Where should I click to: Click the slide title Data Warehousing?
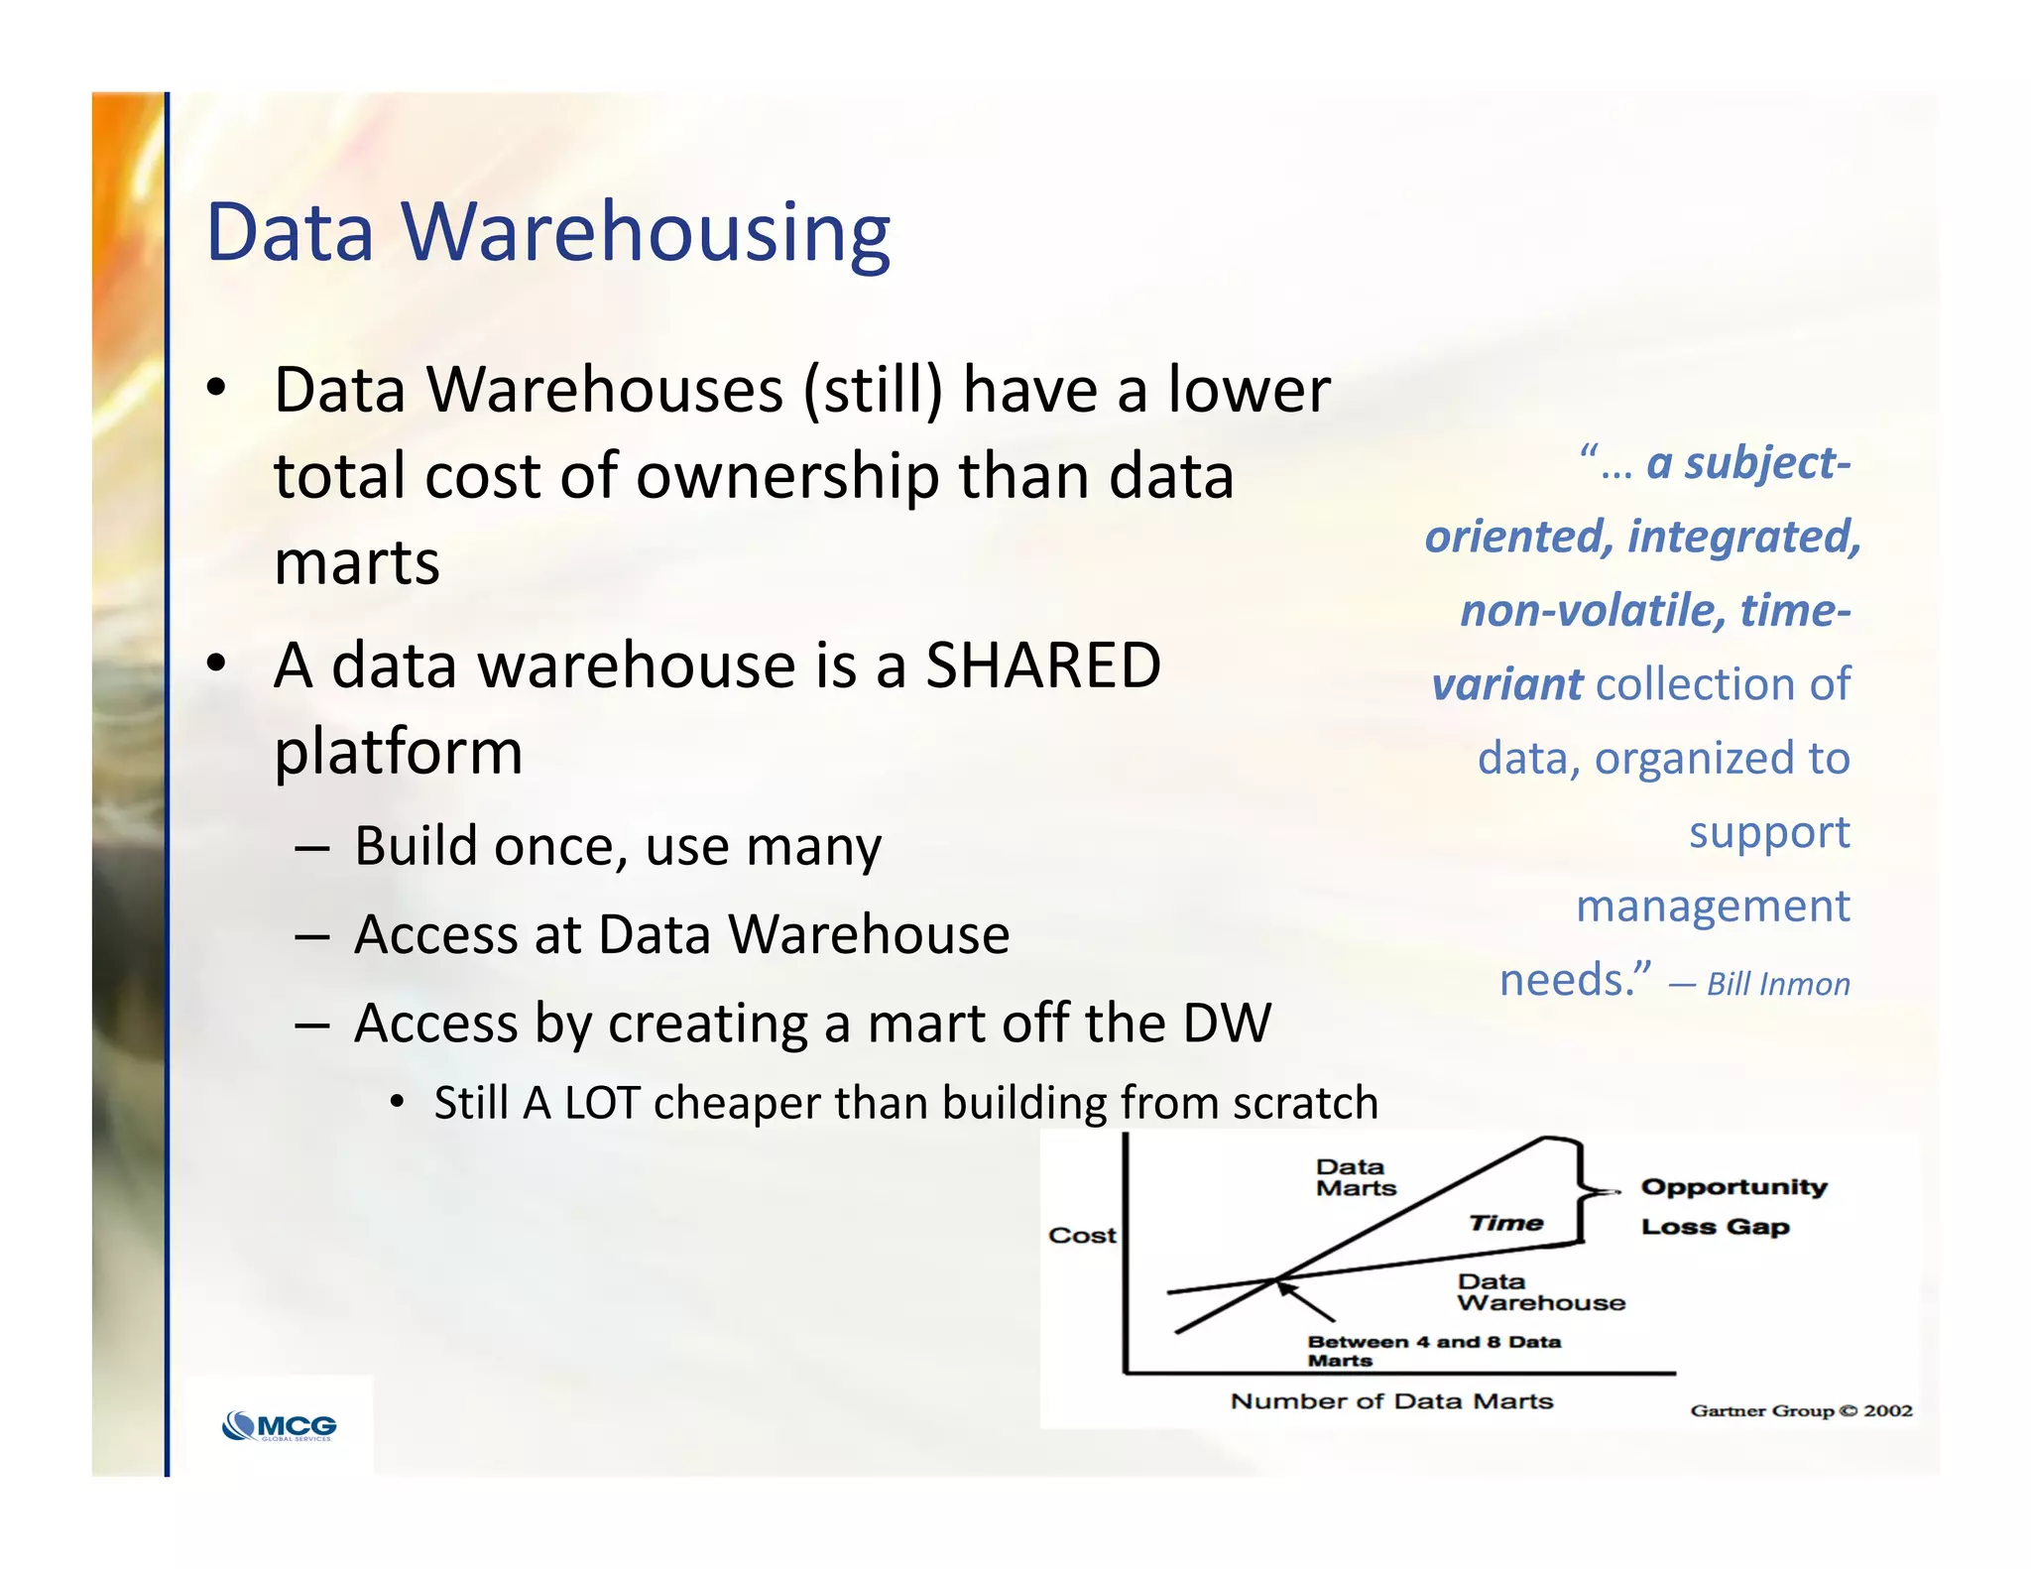(x=547, y=232)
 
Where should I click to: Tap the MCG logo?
(x=281, y=1426)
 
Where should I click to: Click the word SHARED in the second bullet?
(x=1042, y=664)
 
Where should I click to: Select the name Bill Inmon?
(x=1778, y=984)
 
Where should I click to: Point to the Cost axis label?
(x=1082, y=1236)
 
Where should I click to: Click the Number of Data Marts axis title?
(x=1391, y=1401)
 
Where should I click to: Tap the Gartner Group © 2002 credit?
(x=1801, y=1410)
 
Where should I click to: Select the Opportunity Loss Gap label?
(x=1732, y=1207)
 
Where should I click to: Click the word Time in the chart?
(x=1505, y=1224)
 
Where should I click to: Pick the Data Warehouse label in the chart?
(x=1540, y=1293)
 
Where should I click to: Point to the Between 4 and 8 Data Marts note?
(x=1433, y=1351)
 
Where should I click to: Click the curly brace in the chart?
(x=1583, y=1190)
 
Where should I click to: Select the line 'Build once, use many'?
(x=617, y=847)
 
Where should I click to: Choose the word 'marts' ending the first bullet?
(x=357, y=562)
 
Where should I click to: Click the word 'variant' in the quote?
(x=1507, y=684)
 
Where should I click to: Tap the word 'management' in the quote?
(x=1713, y=906)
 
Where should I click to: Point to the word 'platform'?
(x=399, y=752)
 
